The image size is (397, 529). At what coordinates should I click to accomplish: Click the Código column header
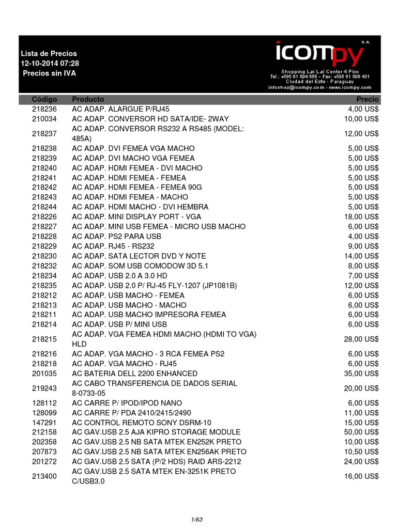pyautogui.click(x=44, y=99)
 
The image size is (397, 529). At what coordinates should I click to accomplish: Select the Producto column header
pyautogui.click(x=88, y=99)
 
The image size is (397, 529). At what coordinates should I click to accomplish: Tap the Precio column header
pyautogui.click(x=368, y=99)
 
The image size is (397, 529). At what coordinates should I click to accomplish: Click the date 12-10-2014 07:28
pyautogui.click(x=50, y=63)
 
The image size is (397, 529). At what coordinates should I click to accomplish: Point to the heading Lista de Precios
pyautogui.click(x=49, y=53)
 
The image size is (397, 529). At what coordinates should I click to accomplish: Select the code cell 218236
pyautogui.click(x=44, y=109)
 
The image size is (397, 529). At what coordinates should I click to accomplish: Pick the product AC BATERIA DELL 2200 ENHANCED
pyautogui.click(x=134, y=374)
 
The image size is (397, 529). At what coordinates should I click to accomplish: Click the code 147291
pyautogui.click(x=44, y=422)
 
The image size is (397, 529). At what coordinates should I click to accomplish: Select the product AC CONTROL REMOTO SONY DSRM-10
pyautogui.click(x=141, y=422)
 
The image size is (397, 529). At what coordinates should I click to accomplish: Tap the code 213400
pyautogui.click(x=44, y=476)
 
